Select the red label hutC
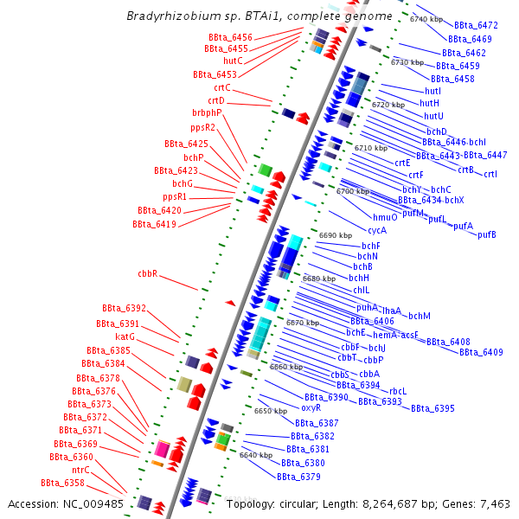(x=233, y=61)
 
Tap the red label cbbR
(x=147, y=273)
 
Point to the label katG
(x=125, y=336)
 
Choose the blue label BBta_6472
(x=476, y=26)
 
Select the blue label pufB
(x=487, y=235)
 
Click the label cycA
(x=377, y=230)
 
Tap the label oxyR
(x=311, y=407)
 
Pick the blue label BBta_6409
(x=481, y=352)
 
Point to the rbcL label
(x=398, y=391)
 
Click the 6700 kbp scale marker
(x=352, y=191)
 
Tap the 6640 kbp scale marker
(x=256, y=455)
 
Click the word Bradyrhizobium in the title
(x=170, y=16)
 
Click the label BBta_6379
(x=298, y=477)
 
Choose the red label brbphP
(x=207, y=112)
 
